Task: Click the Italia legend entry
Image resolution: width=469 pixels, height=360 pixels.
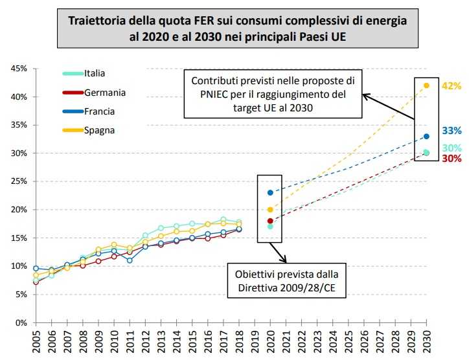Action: pyautogui.click(x=95, y=73)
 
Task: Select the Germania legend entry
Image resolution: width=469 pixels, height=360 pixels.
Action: pyautogui.click(x=104, y=93)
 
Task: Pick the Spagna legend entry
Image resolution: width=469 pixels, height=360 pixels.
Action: pyautogui.click(x=99, y=130)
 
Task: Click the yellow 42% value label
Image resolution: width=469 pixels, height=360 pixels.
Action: pyautogui.click(x=452, y=86)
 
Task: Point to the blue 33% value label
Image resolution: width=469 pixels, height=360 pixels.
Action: pyautogui.click(x=452, y=131)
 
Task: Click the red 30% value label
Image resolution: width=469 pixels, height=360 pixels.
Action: pyautogui.click(x=452, y=159)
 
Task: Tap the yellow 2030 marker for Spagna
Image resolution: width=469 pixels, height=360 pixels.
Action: pyautogui.click(x=426, y=85)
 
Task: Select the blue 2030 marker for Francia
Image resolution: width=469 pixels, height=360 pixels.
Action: pyautogui.click(x=426, y=137)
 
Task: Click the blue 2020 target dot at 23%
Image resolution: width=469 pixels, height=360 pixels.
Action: pyautogui.click(x=270, y=192)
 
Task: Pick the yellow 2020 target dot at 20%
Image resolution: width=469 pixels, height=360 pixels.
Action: pyautogui.click(x=270, y=210)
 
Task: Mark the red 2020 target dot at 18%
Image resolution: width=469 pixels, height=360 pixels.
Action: pyautogui.click(x=270, y=221)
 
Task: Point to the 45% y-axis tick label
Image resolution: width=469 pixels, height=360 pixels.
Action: pyautogui.click(x=17, y=69)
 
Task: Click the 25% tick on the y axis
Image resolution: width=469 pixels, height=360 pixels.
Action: pyautogui.click(x=17, y=182)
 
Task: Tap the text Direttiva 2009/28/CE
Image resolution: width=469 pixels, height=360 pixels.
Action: pyautogui.click(x=287, y=287)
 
